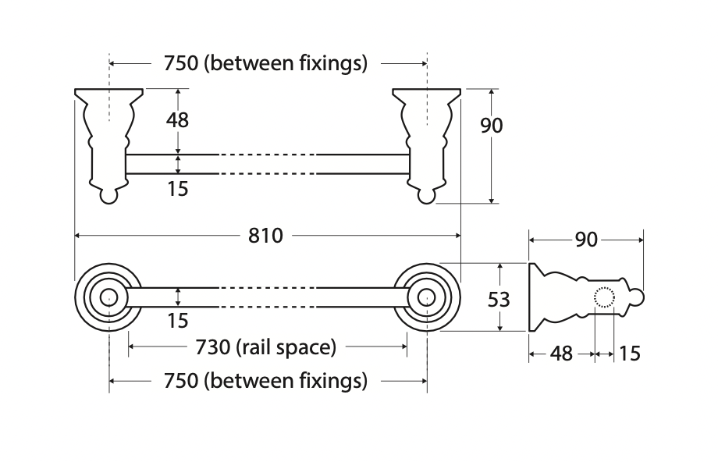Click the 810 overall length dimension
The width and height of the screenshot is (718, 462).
[265, 234]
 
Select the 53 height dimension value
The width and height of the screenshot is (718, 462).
[499, 298]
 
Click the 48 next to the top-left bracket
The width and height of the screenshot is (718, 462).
[178, 120]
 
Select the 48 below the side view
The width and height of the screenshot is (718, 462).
[561, 354]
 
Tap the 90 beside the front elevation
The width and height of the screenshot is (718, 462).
[491, 125]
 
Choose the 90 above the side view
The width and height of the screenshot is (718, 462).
[586, 240]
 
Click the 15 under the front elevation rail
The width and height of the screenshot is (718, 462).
[178, 188]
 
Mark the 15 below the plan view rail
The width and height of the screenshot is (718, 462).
[178, 320]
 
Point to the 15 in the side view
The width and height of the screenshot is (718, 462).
[629, 354]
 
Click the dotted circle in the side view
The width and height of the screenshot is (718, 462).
[606, 298]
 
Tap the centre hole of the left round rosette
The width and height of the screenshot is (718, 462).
[109, 297]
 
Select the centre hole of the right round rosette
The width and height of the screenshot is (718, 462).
[426, 297]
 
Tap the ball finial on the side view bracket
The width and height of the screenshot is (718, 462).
[637, 298]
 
